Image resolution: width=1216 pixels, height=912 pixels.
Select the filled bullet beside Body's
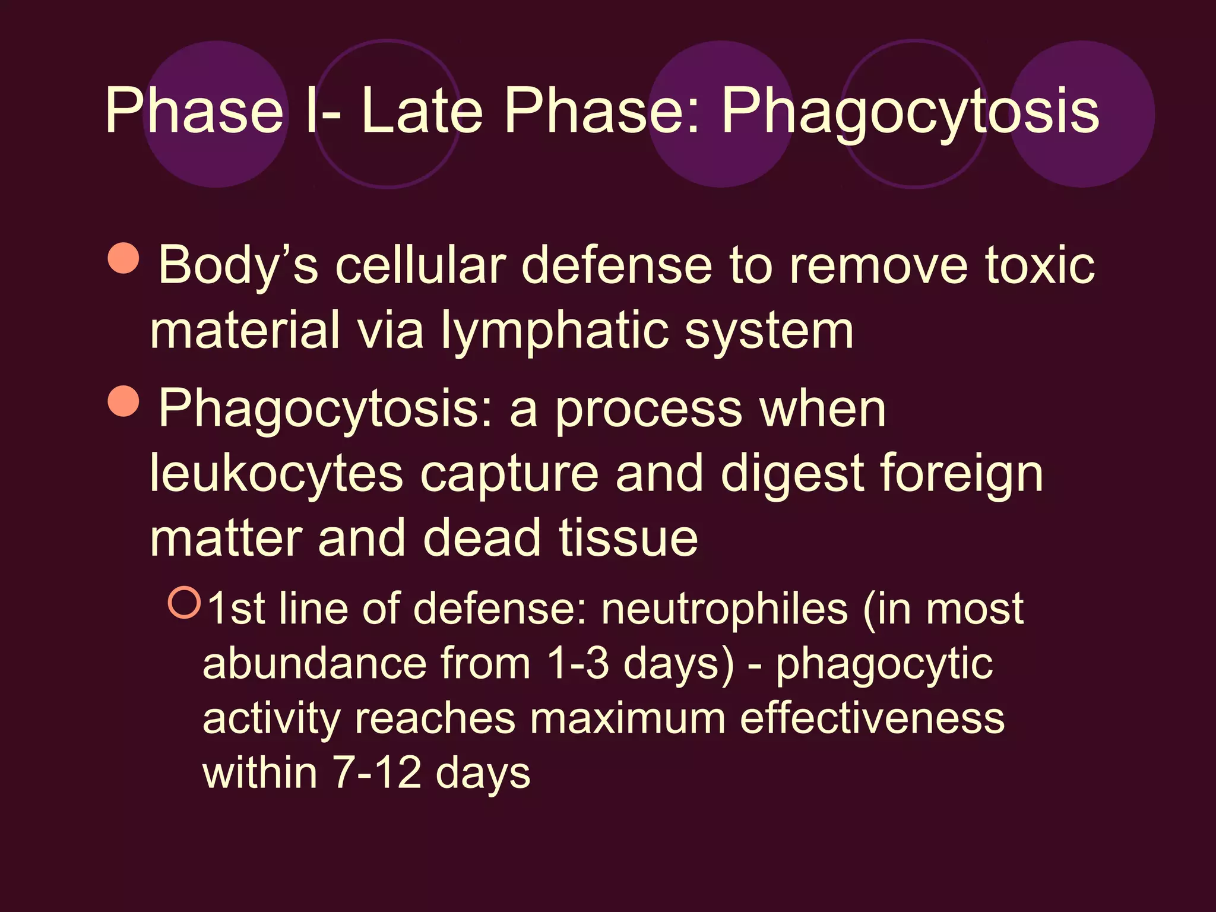tap(124, 258)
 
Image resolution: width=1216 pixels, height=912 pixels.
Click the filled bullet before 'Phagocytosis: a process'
tap(124, 401)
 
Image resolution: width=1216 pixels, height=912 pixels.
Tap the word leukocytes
tap(276, 474)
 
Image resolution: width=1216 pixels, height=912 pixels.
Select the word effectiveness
tap(872, 718)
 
